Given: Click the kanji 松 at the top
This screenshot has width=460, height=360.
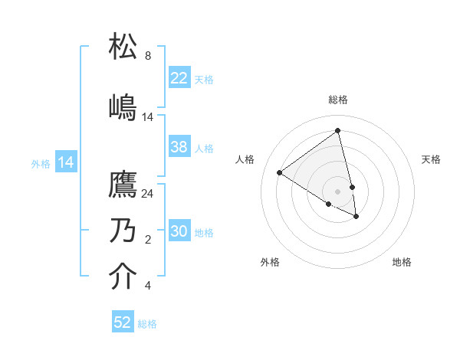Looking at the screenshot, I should [123, 47].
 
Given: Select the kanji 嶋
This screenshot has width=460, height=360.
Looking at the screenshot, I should [123, 107].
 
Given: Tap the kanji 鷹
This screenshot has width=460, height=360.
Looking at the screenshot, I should [123, 185].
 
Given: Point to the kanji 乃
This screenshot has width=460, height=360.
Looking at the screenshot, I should [123, 231].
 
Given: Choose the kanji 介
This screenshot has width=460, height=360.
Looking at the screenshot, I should [123, 277].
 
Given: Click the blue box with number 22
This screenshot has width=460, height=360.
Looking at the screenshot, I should [179, 78].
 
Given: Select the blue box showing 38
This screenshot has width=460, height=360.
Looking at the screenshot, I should [179, 147].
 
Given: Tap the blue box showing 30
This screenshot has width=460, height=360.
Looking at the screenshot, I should [179, 231].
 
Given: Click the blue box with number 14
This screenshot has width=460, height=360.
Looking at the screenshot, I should [66, 162].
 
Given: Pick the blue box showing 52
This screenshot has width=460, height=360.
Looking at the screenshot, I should [123, 322].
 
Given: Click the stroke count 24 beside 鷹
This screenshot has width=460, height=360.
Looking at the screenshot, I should [148, 194].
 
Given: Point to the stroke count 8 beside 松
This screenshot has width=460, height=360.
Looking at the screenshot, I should [148, 56].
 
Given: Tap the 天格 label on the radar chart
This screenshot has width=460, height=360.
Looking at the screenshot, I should [431, 159].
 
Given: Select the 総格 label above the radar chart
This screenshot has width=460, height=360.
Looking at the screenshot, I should [338, 100].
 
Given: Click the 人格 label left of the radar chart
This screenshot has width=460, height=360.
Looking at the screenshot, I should [245, 159].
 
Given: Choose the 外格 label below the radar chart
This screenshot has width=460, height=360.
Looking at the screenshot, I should [270, 262].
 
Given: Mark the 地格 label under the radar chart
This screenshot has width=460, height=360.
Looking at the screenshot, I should [402, 262].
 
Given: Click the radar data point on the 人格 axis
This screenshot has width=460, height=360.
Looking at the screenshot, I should [280, 172].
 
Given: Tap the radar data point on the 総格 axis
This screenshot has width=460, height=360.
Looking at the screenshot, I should [338, 131].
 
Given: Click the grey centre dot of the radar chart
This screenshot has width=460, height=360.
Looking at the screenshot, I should [338, 191].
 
